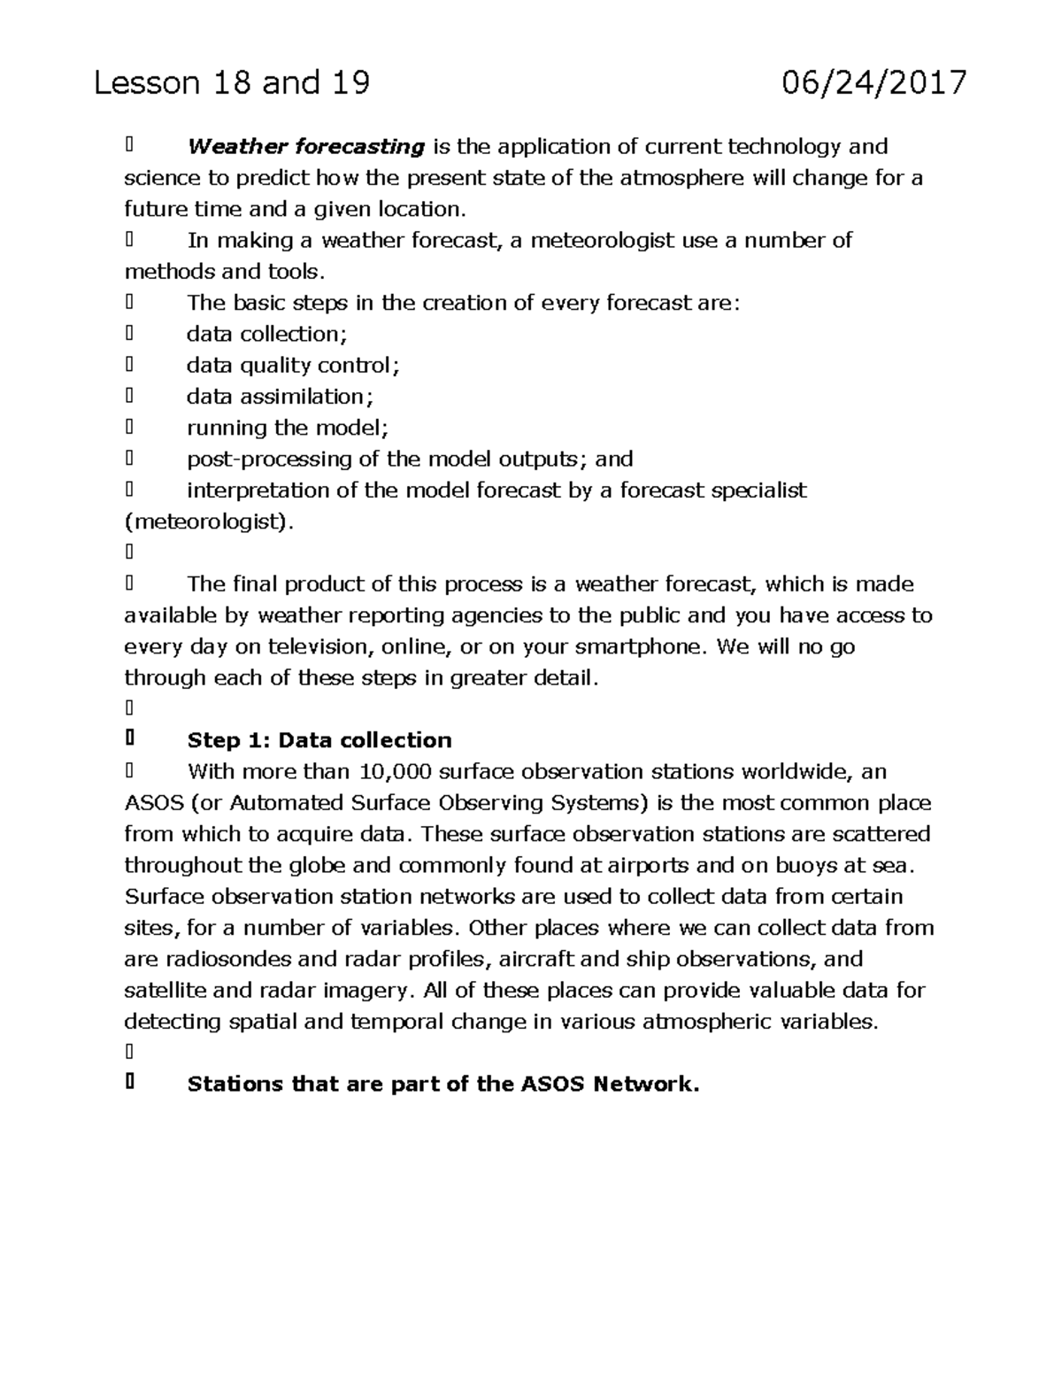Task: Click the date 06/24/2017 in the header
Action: click(873, 83)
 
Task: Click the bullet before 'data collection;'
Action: click(129, 334)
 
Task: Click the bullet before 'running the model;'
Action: click(129, 428)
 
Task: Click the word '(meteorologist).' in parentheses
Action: click(208, 521)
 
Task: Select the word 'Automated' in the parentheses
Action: click(287, 803)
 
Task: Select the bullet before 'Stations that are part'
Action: click(129, 1083)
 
